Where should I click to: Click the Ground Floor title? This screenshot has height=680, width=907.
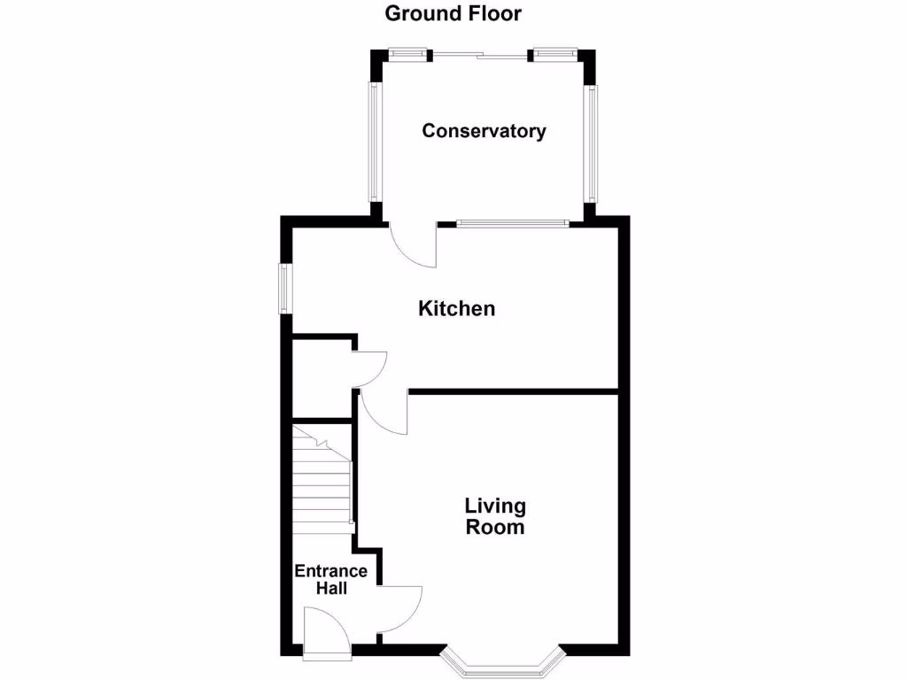(x=453, y=13)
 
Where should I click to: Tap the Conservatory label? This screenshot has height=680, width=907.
(x=484, y=131)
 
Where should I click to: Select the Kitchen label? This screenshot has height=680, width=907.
(x=456, y=309)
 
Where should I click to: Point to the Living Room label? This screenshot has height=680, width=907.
(x=495, y=516)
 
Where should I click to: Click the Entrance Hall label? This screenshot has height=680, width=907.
(x=330, y=579)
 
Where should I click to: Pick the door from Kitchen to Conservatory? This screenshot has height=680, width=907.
(x=414, y=245)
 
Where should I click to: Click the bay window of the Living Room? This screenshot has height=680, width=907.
(x=502, y=663)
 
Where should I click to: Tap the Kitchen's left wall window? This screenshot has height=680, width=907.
(x=285, y=288)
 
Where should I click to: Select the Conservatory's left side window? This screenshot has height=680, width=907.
(x=375, y=142)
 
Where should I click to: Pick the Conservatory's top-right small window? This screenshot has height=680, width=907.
(x=554, y=54)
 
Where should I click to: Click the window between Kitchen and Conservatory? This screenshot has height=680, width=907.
(x=512, y=223)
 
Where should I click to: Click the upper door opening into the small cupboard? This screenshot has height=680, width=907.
(x=370, y=367)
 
